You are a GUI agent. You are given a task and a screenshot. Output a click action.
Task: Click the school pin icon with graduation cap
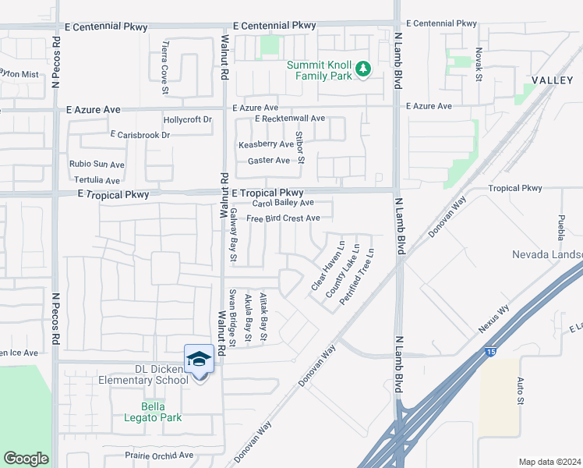point(199,360)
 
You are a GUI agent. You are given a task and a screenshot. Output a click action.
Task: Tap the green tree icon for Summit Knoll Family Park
point(362,70)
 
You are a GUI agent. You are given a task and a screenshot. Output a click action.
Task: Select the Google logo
point(26,459)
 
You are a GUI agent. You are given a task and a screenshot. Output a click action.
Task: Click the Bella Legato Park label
point(161,412)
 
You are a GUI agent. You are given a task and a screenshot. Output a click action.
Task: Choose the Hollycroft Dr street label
point(187,120)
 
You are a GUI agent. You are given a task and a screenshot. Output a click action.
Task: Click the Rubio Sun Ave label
point(97,165)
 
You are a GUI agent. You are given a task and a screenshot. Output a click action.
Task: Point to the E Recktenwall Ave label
point(289,119)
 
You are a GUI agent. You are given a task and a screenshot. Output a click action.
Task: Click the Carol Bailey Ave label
point(282,203)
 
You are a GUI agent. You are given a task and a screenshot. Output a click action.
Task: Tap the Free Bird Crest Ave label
point(283,218)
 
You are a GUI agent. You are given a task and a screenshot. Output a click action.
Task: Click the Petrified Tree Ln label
point(356,277)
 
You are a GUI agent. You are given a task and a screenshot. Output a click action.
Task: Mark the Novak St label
point(479,66)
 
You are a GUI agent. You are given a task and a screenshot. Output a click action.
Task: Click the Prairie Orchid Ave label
point(159,455)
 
